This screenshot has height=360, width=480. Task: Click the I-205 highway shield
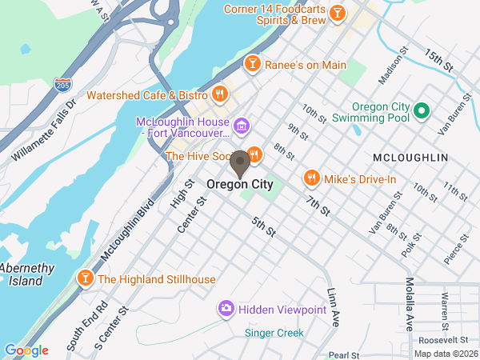62,84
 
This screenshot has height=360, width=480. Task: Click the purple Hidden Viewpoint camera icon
226,308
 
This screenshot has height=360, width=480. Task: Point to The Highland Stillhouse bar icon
84,278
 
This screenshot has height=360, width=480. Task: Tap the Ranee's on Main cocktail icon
253,62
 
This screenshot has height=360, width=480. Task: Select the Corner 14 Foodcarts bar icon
338,13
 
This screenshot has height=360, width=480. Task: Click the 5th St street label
263,226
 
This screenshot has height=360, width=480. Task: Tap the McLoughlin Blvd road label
127,230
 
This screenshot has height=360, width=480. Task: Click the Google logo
26,350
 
